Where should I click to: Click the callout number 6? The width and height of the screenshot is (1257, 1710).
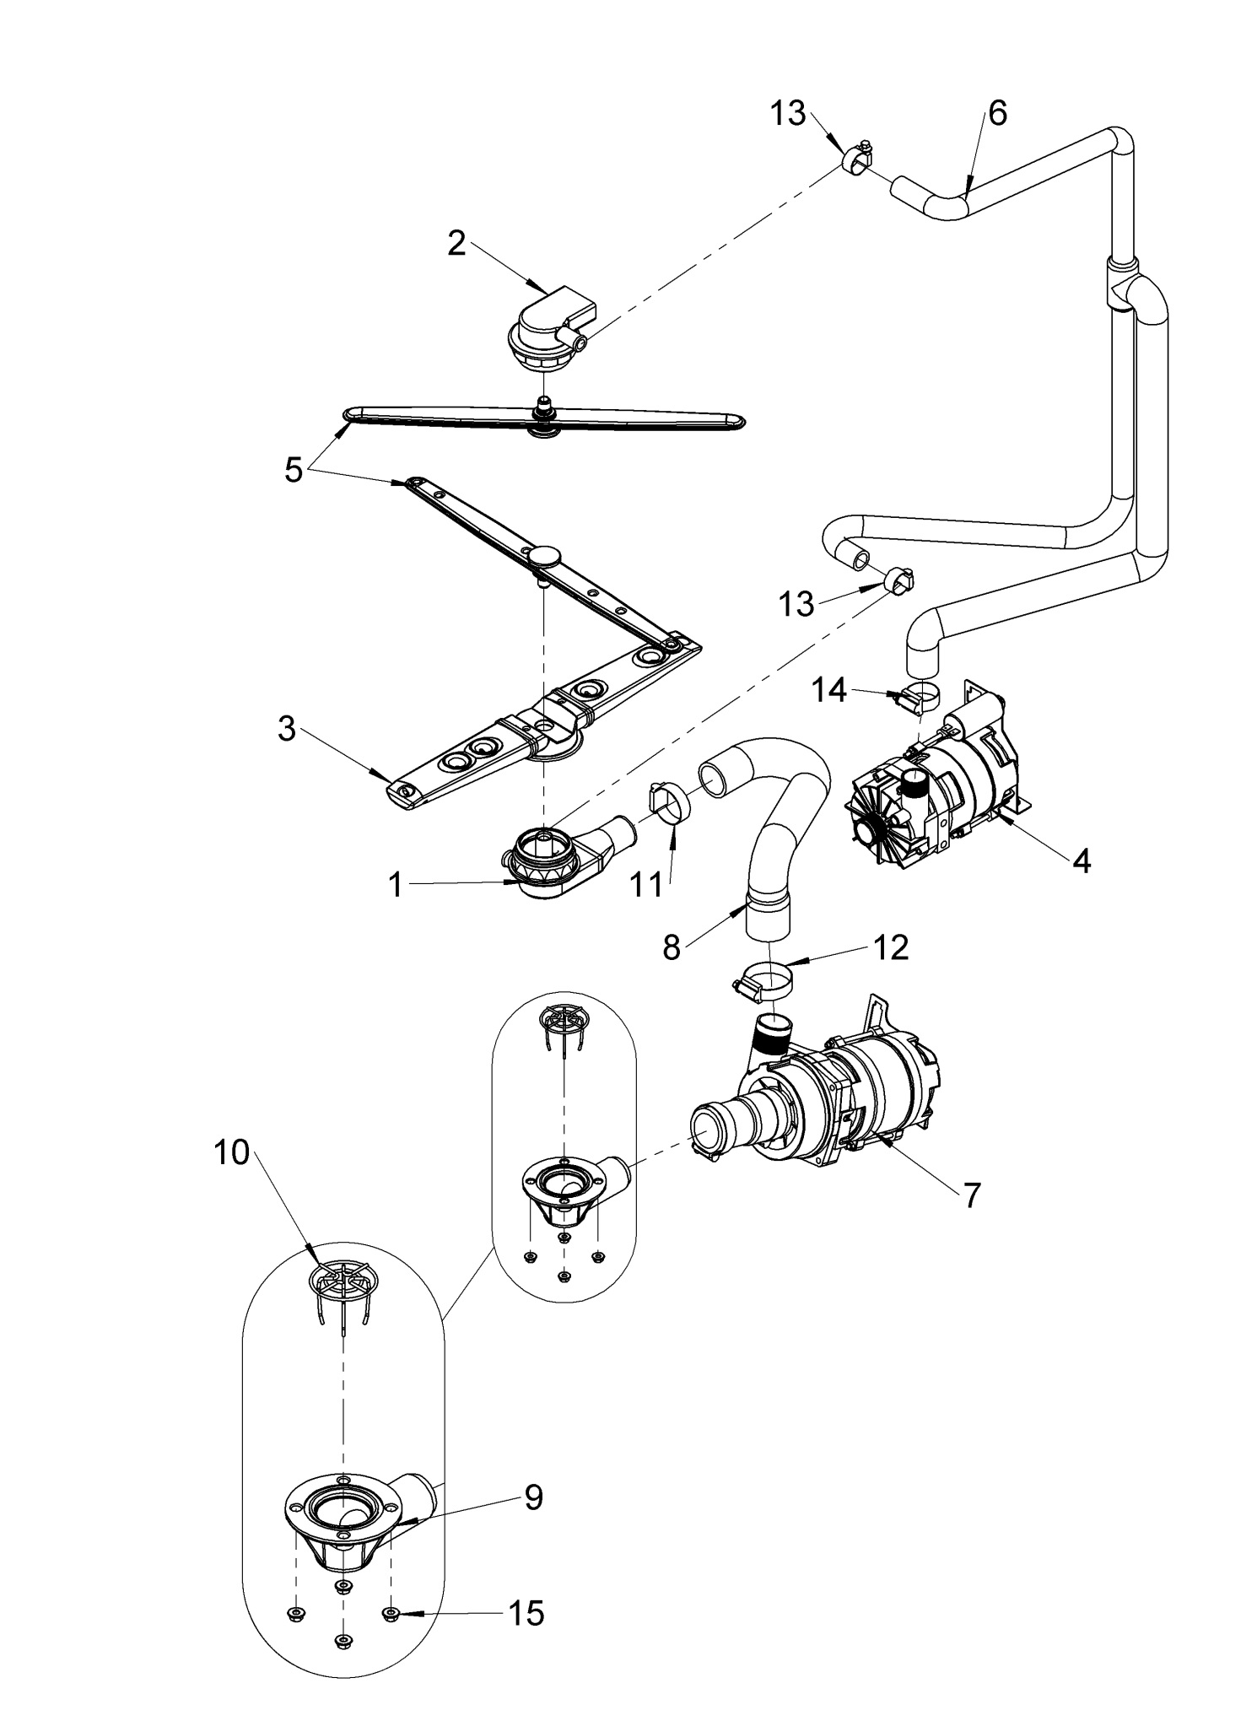[x=997, y=113]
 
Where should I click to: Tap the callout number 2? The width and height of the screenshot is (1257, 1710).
[x=456, y=243]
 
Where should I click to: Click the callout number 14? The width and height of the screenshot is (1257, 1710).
[x=829, y=691]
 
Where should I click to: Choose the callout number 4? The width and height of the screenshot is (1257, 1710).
[x=1081, y=861]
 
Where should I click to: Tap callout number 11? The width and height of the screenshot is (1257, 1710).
[x=649, y=886]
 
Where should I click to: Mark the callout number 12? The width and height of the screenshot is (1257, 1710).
[x=893, y=948]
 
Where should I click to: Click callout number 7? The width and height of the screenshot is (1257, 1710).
[x=972, y=1195]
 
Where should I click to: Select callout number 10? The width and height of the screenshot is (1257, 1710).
[x=232, y=1152]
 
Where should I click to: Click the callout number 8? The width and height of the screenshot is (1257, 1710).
[x=672, y=948]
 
